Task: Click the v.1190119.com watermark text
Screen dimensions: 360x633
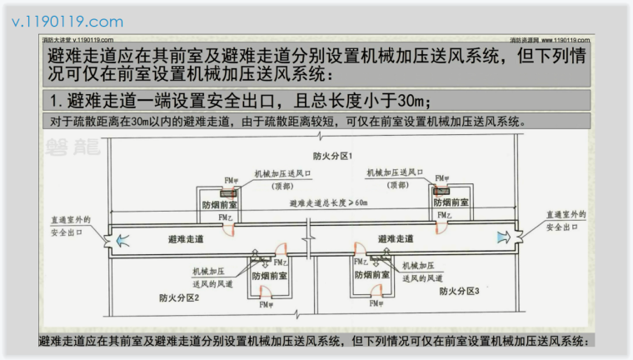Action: click(x=67, y=22)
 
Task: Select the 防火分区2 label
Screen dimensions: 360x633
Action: click(x=179, y=297)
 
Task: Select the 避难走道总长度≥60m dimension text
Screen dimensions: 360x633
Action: click(x=328, y=202)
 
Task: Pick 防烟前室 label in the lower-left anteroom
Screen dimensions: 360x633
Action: click(x=270, y=275)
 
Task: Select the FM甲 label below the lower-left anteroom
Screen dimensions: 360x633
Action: click(x=267, y=306)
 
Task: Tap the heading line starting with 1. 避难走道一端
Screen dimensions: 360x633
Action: click(x=241, y=101)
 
